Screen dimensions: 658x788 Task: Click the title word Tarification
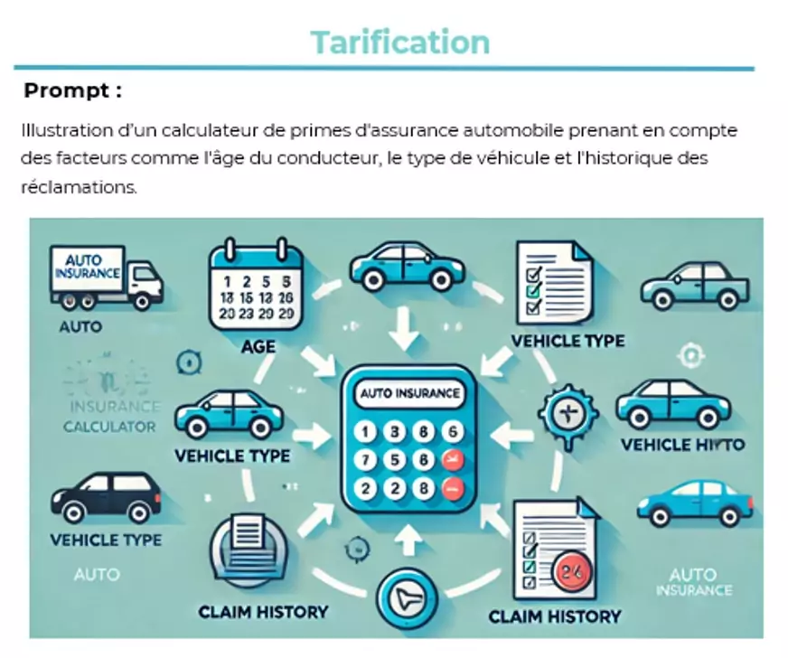(399, 42)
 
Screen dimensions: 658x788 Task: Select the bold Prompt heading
(72, 90)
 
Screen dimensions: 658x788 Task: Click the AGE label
(258, 346)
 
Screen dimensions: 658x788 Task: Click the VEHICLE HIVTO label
(682, 445)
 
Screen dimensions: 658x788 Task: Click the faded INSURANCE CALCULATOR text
(110, 417)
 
